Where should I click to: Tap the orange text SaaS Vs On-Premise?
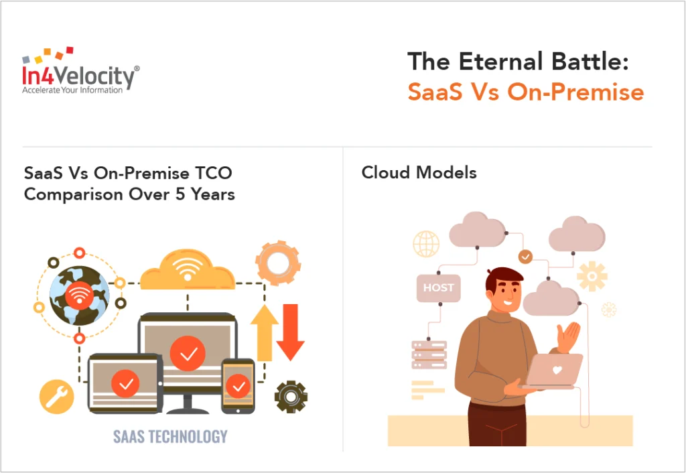pos(525,92)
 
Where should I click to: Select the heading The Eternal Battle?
pos(519,62)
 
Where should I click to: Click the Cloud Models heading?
pos(419,172)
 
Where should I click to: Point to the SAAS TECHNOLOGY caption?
pos(170,436)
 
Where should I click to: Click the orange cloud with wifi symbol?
pos(188,270)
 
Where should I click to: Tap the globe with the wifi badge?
pos(79,295)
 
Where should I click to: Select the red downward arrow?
pos(290,332)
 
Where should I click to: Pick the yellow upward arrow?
pos(264,332)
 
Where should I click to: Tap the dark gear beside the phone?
pos(291,396)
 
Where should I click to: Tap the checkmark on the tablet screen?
pos(125,384)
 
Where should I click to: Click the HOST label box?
pos(439,287)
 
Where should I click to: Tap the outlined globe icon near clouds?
pos(426,244)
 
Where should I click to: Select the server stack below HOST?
pos(429,355)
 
